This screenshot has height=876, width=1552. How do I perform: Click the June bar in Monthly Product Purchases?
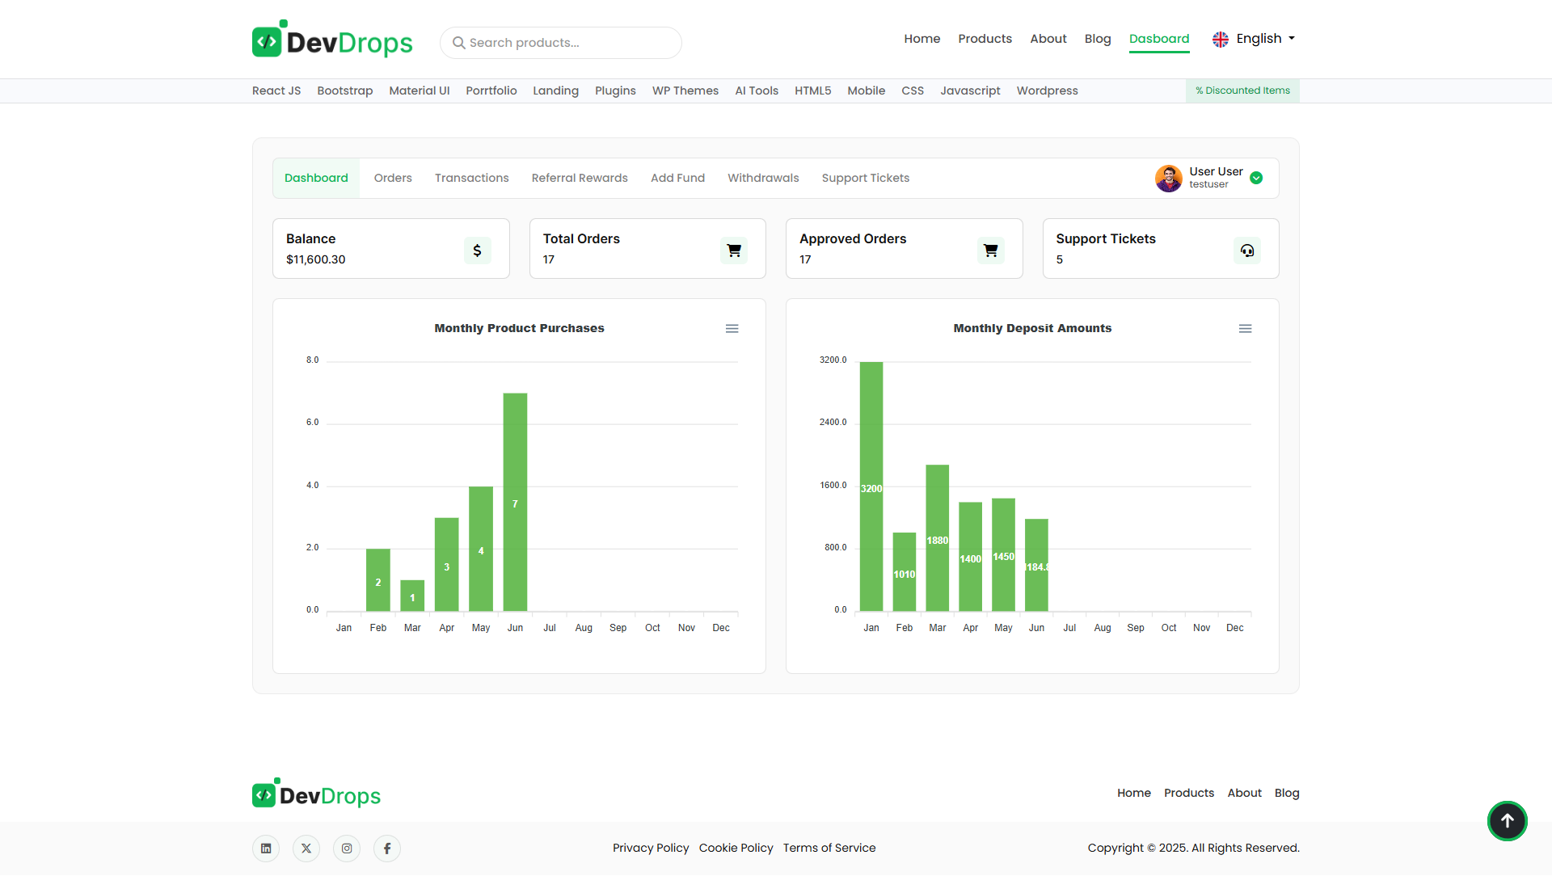click(x=515, y=501)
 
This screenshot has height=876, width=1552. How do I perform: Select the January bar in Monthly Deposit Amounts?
click(x=871, y=485)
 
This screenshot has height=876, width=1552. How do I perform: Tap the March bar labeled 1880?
click(x=937, y=537)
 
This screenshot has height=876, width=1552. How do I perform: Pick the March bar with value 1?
click(x=412, y=596)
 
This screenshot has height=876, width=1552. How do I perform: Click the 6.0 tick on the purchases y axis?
click(x=312, y=423)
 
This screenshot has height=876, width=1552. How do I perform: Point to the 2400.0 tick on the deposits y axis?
click(x=833, y=423)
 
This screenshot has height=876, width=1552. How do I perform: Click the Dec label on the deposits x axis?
click(x=1234, y=628)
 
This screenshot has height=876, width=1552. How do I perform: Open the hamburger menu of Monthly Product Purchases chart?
click(x=732, y=329)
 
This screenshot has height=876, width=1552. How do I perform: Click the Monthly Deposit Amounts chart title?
click(x=1031, y=328)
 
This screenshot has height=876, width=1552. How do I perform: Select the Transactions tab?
click(x=471, y=178)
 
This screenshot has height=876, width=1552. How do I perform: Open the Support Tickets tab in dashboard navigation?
click(x=865, y=178)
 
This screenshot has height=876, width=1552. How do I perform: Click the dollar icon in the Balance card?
click(x=477, y=251)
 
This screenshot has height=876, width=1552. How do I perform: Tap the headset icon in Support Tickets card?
click(x=1246, y=251)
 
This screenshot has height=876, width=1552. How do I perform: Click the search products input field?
click(x=566, y=43)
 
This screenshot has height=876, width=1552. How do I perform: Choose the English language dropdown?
click(x=1254, y=39)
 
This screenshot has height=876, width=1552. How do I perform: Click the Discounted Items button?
click(x=1242, y=91)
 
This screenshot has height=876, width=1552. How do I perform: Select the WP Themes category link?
click(x=685, y=91)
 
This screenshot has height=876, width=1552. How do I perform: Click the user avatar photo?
click(x=1168, y=178)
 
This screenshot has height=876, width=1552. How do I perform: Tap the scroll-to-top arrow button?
click(x=1507, y=821)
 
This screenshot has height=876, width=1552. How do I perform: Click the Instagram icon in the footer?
click(x=347, y=849)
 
